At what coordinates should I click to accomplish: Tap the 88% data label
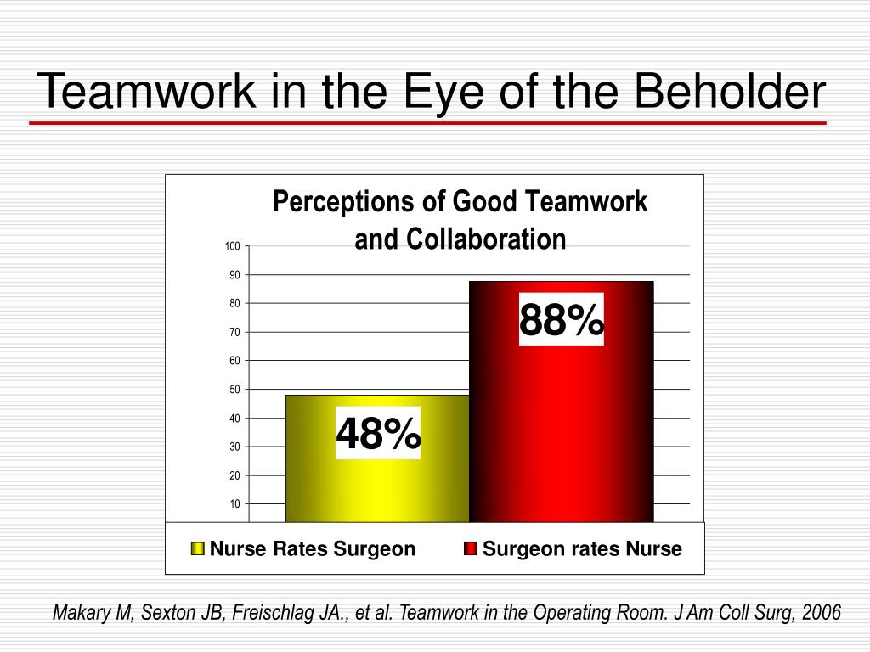click(562, 320)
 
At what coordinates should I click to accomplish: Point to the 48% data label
click(378, 435)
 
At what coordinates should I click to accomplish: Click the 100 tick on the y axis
click(232, 246)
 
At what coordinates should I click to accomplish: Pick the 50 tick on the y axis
click(234, 390)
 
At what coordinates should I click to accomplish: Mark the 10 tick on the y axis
click(234, 504)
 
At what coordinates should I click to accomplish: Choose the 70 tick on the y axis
click(234, 332)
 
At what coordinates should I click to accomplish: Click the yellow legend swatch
click(198, 549)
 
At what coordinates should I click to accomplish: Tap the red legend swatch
click(471, 549)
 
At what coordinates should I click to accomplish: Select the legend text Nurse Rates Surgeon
click(313, 549)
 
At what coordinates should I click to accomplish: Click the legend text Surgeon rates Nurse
click(582, 549)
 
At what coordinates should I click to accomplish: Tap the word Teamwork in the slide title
click(149, 91)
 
